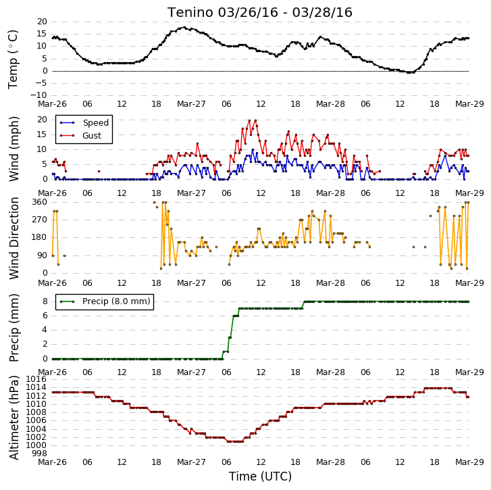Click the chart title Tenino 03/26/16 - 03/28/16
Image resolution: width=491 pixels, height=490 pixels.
tap(260, 13)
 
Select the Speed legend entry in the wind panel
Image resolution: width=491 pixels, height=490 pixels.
tap(84, 122)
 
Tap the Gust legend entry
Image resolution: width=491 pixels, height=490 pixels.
tap(81, 135)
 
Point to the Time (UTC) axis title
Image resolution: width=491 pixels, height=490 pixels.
tap(260, 476)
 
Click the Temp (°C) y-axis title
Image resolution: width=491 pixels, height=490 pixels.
tap(13, 59)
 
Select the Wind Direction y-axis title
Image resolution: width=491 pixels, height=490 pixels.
tap(14, 238)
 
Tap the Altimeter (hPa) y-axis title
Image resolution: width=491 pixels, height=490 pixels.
tap(14, 418)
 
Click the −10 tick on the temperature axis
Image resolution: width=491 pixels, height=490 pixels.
tap(38, 95)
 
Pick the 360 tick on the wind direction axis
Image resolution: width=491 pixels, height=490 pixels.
tap(40, 202)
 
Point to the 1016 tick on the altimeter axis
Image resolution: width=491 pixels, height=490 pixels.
tap(36, 379)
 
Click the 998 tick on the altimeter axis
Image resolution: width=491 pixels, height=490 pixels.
tap(40, 454)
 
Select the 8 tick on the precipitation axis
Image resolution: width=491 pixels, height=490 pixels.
tap(45, 301)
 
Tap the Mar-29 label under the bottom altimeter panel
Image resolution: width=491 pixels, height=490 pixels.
tap(469, 462)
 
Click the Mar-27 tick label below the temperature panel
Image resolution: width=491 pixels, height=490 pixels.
tap(191, 103)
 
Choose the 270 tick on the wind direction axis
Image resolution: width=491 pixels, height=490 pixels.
tap(40, 220)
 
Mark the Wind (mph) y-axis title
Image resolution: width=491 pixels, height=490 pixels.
tap(14, 149)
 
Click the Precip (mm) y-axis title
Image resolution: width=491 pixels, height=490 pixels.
tap(14, 328)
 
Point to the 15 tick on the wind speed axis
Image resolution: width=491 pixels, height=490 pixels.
tap(43, 134)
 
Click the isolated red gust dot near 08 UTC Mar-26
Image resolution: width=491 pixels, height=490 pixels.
tap(99, 171)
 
